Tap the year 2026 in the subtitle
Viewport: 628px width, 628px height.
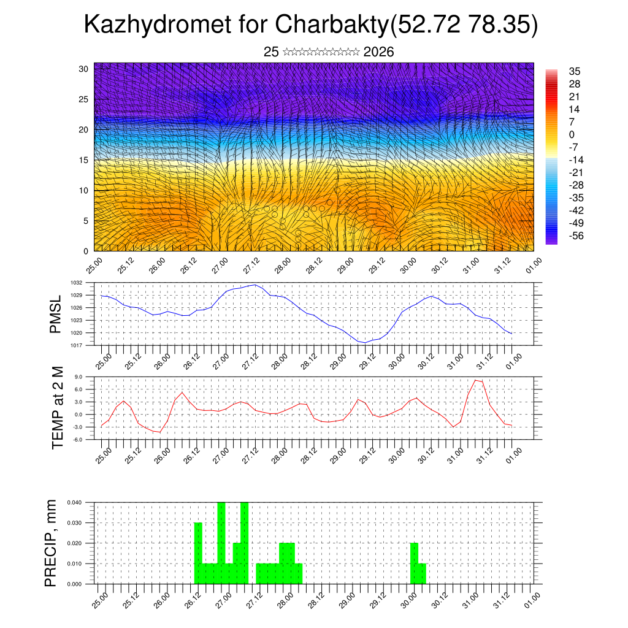pyautogui.click(x=378, y=52)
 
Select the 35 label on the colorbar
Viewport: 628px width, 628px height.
pyautogui.click(x=575, y=72)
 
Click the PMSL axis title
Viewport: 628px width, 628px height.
pyautogui.click(x=56, y=314)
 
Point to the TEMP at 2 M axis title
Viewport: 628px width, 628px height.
pyautogui.click(x=58, y=408)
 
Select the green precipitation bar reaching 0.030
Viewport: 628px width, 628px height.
pyautogui.click(x=198, y=552)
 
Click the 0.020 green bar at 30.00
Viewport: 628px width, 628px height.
pyautogui.click(x=414, y=563)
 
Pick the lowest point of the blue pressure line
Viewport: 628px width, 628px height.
pyautogui.click(x=365, y=343)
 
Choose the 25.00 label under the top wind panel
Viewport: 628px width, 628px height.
pyautogui.click(x=94, y=264)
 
